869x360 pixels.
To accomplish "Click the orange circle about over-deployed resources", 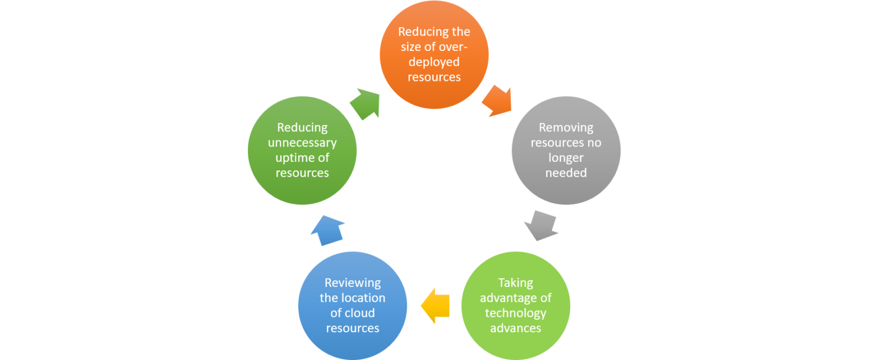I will coord(434,54).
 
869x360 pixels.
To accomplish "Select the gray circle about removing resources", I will coord(566,150).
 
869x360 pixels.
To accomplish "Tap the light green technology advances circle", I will coord(515,306).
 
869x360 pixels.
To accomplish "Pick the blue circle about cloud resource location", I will coord(352,306).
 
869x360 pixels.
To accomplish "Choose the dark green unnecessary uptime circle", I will coord(302,150).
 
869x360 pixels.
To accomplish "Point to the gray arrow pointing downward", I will coord(541,226).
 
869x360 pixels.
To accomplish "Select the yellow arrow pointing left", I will coord(435,306).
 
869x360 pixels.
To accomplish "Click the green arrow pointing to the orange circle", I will coord(364,102).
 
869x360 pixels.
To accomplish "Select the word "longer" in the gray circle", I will coord(566,158).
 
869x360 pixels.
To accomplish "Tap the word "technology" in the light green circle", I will coord(515,313).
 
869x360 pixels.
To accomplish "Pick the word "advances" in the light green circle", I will coord(515,328).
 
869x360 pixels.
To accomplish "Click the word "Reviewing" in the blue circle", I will coord(352,282).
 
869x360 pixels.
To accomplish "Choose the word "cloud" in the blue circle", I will coord(360,313).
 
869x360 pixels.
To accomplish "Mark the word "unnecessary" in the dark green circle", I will coord(302,143).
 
